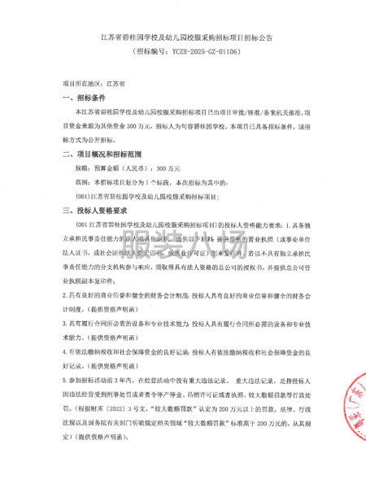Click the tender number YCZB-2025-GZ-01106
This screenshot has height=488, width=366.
pyautogui.click(x=196, y=51)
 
